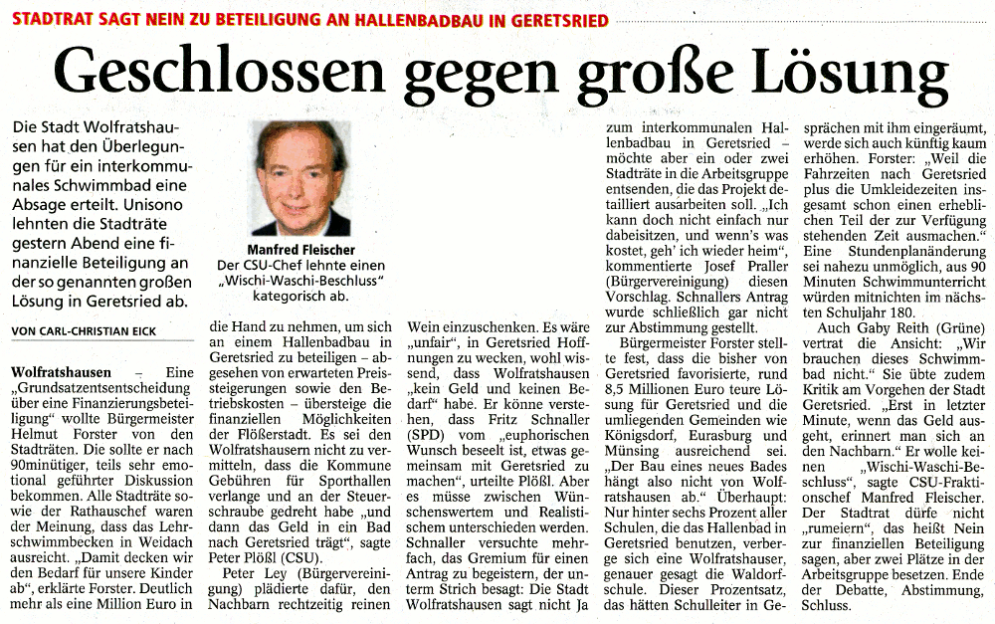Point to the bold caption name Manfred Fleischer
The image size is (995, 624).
[299, 250]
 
